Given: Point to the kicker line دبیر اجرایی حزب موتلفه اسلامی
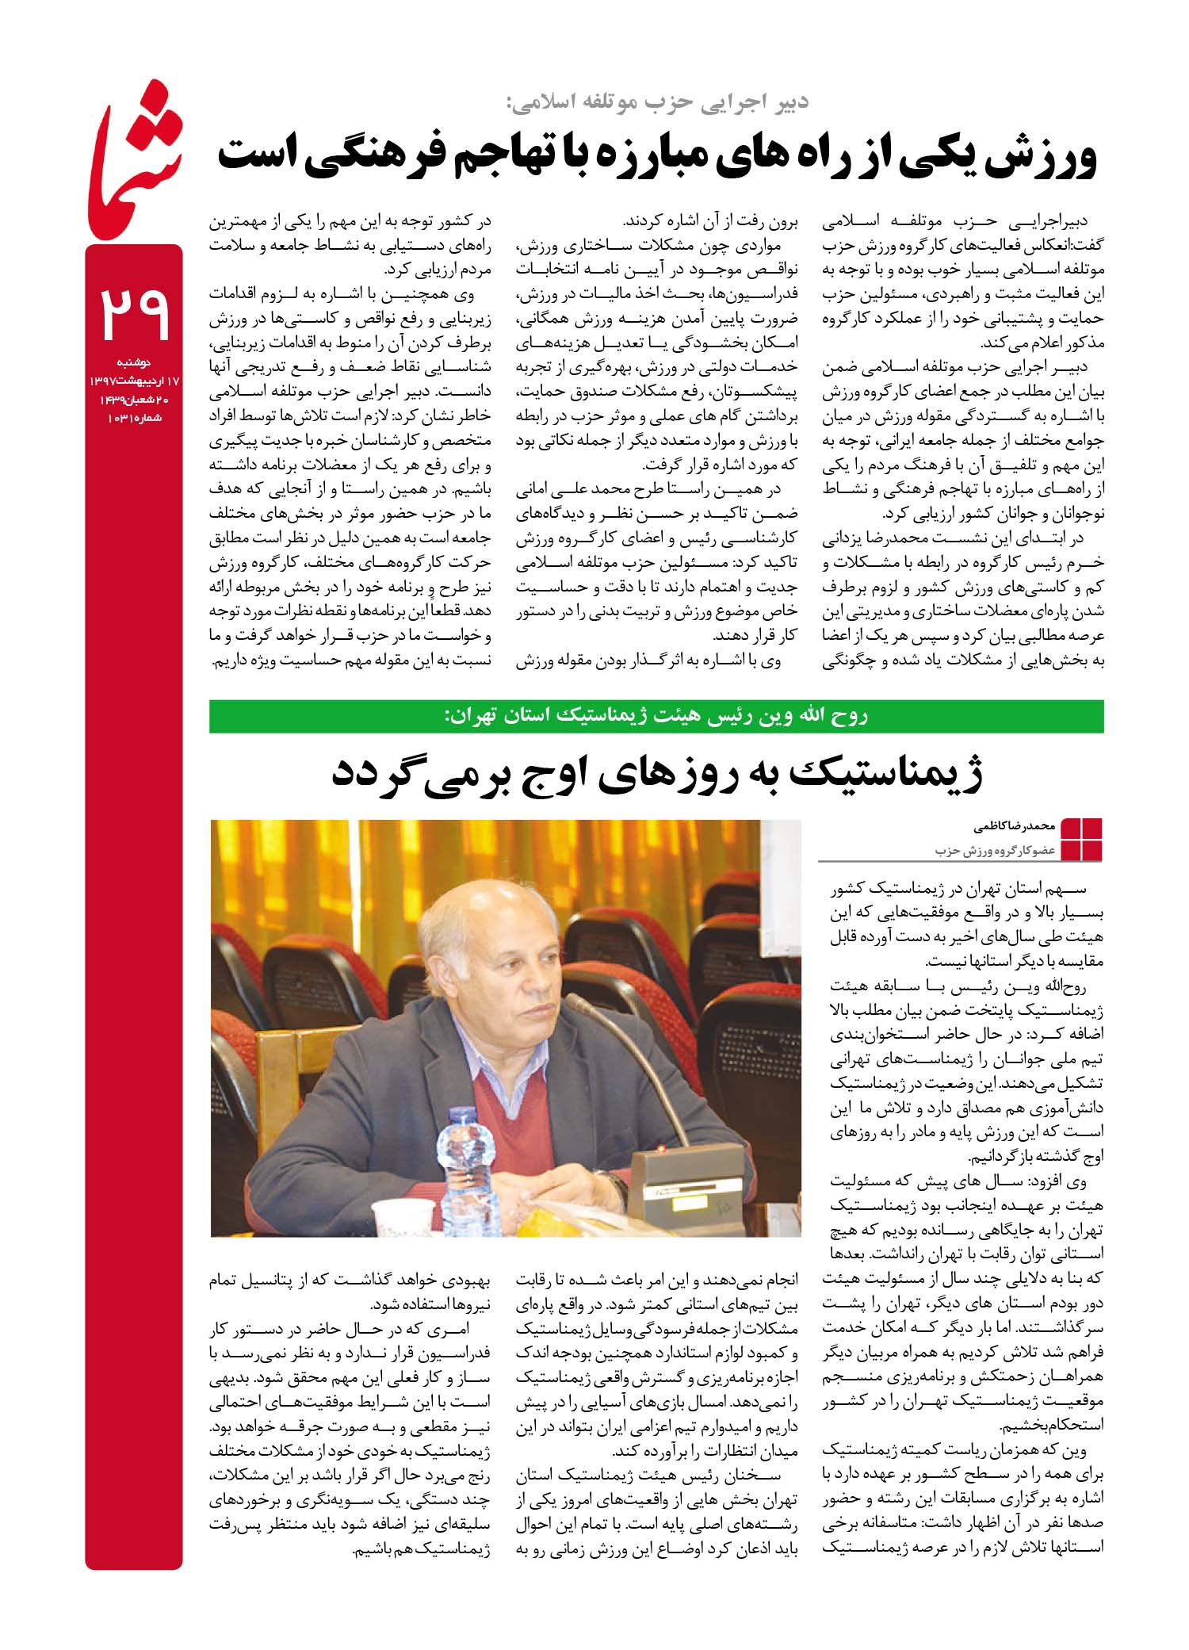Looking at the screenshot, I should (x=658, y=102).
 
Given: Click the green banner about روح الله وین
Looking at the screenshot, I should (x=656, y=716).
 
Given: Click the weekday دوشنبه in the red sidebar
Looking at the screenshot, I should (x=134, y=362).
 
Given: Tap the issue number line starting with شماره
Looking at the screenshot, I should (x=134, y=418).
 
